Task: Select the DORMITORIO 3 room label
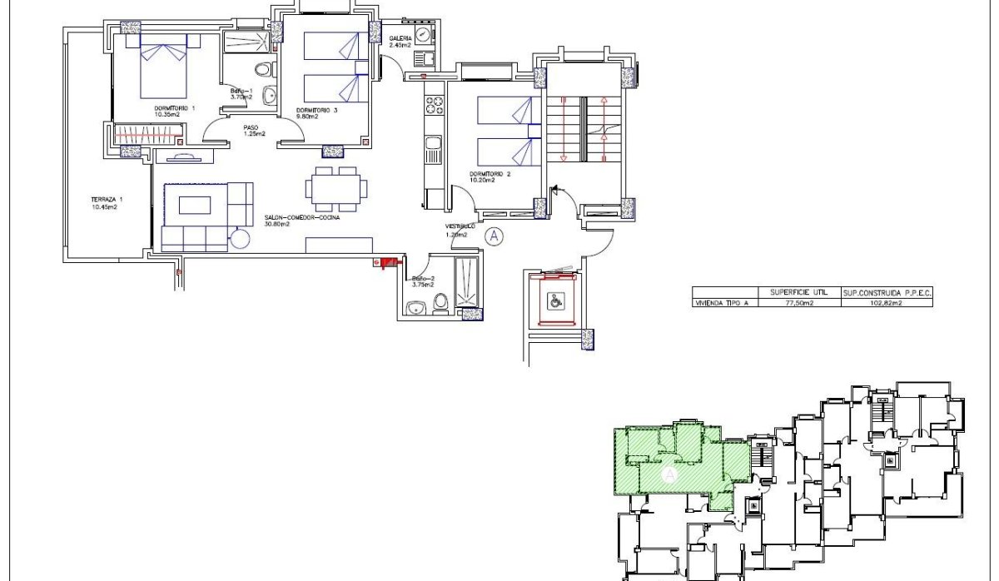click(317, 111)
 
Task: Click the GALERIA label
click(400, 39)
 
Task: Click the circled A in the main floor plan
click(495, 236)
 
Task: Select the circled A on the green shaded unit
click(668, 474)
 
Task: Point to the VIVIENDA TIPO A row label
click(722, 304)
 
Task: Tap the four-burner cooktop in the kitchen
click(434, 106)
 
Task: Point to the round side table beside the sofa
click(241, 238)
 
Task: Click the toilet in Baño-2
click(441, 304)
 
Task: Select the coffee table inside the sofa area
click(196, 205)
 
